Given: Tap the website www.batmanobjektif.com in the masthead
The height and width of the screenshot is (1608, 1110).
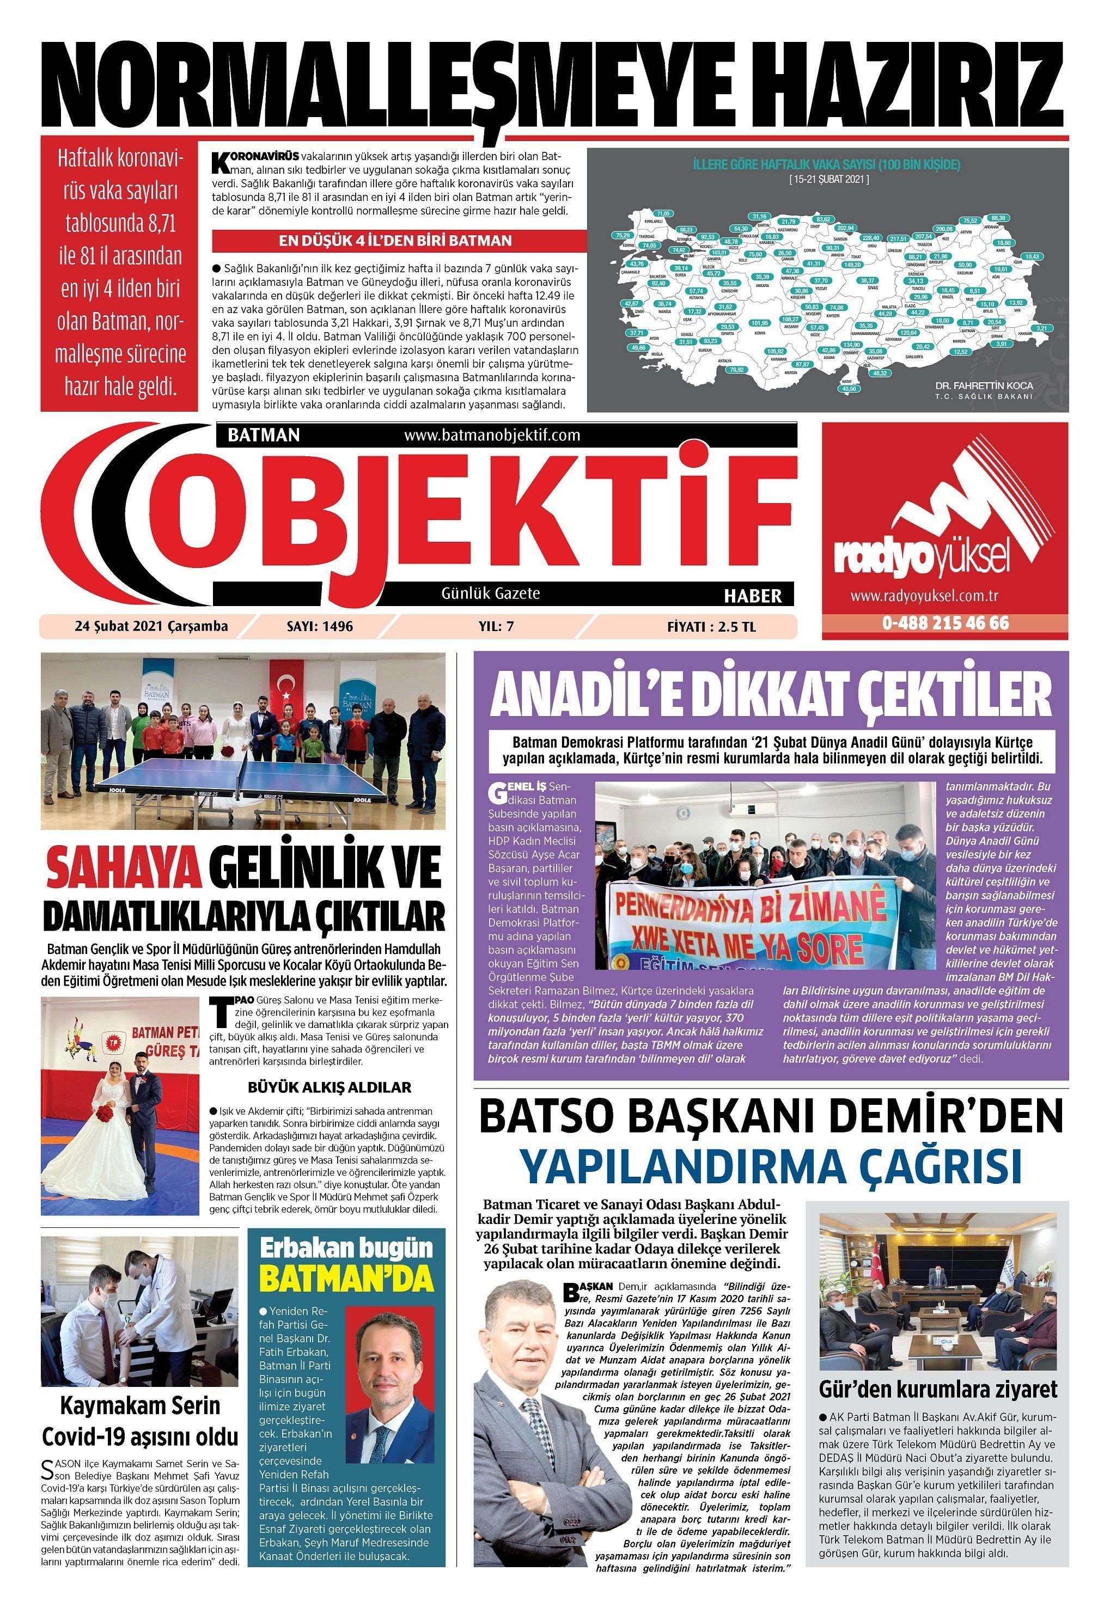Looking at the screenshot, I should (491, 435).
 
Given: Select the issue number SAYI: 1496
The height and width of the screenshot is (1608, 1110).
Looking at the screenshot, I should (319, 626).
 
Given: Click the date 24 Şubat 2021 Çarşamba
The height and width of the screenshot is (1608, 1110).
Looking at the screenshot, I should (151, 626).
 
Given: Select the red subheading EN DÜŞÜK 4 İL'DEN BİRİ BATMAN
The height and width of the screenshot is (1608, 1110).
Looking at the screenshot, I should (395, 241).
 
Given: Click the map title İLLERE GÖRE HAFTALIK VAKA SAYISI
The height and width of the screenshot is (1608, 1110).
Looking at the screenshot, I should (826, 165).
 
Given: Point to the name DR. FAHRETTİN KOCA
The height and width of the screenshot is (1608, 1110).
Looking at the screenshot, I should (984, 385).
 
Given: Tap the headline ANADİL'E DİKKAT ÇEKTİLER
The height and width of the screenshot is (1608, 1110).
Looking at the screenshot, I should (771, 694).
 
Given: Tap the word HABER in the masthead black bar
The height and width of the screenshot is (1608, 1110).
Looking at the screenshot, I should (753, 596).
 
